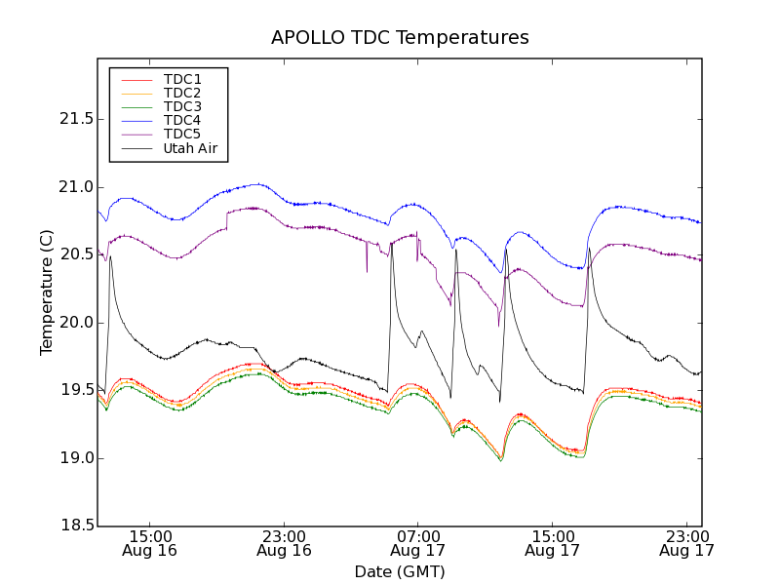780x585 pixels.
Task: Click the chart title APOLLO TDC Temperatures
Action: [x=400, y=38]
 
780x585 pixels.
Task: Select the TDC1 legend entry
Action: [x=182, y=79]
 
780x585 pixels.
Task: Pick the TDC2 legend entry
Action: [x=182, y=93]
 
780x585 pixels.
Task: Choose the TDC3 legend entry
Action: [x=182, y=106]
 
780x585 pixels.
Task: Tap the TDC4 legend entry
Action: [x=182, y=120]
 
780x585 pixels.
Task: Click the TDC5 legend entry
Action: [x=182, y=134]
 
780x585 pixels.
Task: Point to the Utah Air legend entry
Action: [x=190, y=148]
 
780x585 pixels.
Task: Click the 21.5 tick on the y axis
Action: [x=76, y=119]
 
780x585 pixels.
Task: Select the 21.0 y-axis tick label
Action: [x=76, y=187]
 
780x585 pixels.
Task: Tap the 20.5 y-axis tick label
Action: [x=76, y=254]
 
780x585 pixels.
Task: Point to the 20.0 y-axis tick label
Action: [x=76, y=323]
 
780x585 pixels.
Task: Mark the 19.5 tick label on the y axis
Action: [x=76, y=390]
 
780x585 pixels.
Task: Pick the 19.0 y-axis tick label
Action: [x=76, y=458]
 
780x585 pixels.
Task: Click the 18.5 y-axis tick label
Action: [x=76, y=526]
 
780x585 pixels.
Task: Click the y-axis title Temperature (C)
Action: [x=47, y=292]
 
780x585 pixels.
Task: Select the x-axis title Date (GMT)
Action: [x=400, y=571]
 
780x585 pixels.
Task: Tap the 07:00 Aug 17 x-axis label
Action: [x=418, y=543]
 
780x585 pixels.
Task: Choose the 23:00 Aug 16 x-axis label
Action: [x=284, y=543]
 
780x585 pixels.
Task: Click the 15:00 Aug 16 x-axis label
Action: [x=150, y=543]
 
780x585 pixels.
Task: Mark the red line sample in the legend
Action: [x=136, y=79]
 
